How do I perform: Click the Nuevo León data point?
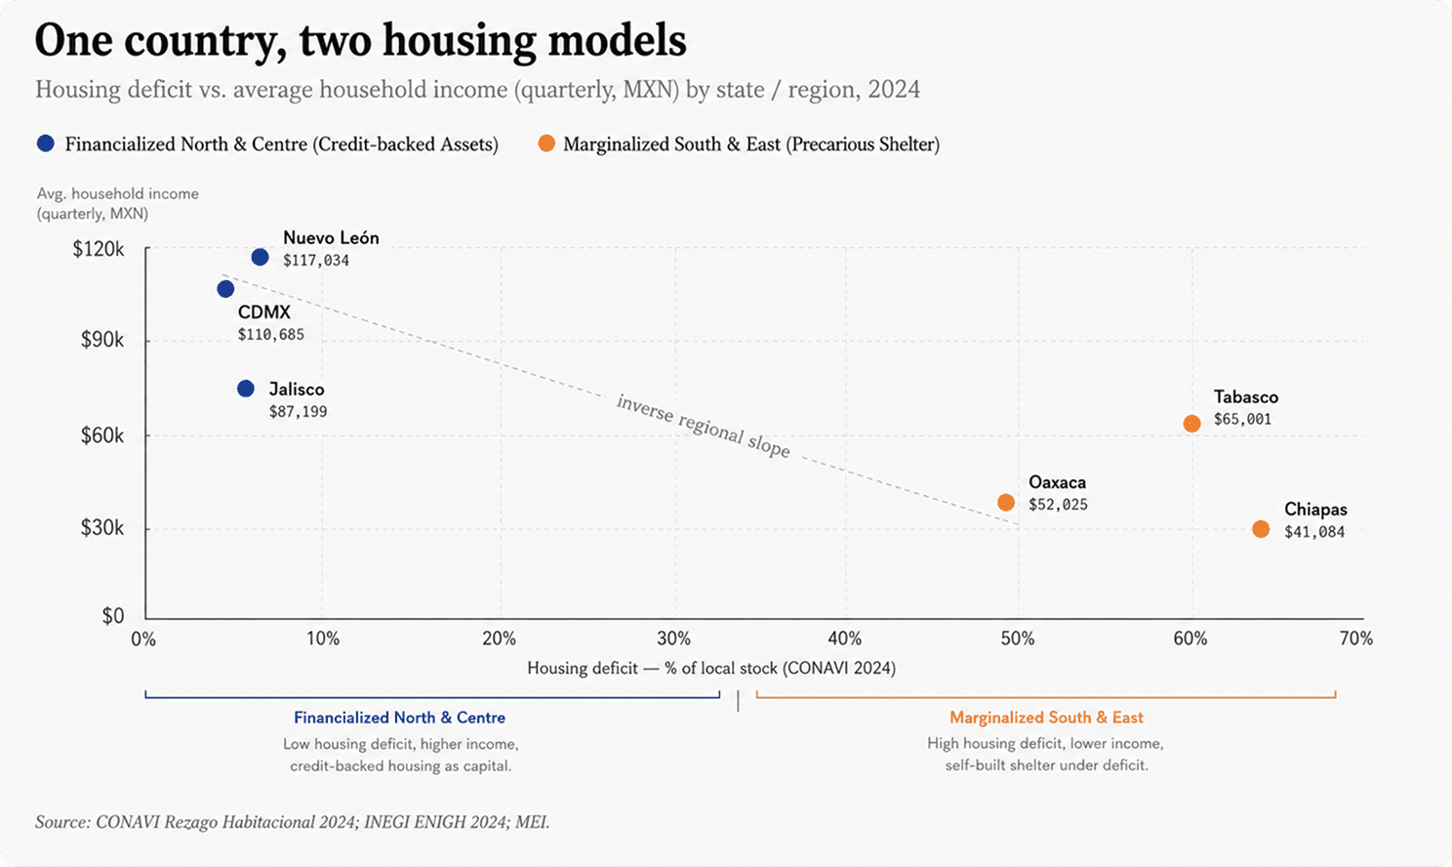pyautogui.click(x=260, y=258)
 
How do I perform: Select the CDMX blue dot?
pyautogui.click(x=225, y=289)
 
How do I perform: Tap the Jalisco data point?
pyautogui.click(x=246, y=389)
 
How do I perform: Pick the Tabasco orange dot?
pyautogui.click(x=1191, y=424)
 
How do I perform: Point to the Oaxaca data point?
pyautogui.click(x=1005, y=503)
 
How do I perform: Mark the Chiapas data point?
pyautogui.click(x=1261, y=529)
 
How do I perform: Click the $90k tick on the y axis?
pyautogui.click(x=101, y=340)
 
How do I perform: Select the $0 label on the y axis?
pyautogui.click(x=113, y=615)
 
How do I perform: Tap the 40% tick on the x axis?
pyautogui.click(x=845, y=639)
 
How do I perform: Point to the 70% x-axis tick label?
pyautogui.click(x=1356, y=639)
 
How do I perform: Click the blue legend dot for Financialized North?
pyautogui.click(x=45, y=144)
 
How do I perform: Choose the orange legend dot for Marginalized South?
pyautogui.click(x=546, y=144)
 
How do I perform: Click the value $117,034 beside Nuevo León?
pyautogui.click(x=316, y=261)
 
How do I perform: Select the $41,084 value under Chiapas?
pyautogui.click(x=1314, y=532)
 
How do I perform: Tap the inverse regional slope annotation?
pyautogui.click(x=704, y=426)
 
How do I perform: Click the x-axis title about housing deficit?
pyautogui.click(x=711, y=668)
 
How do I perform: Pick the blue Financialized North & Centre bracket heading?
pyautogui.click(x=399, y=718)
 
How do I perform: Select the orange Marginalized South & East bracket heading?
pyautogui.click(x=1046, y=718)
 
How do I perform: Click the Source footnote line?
pyautogui.click(x=293, y=822)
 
